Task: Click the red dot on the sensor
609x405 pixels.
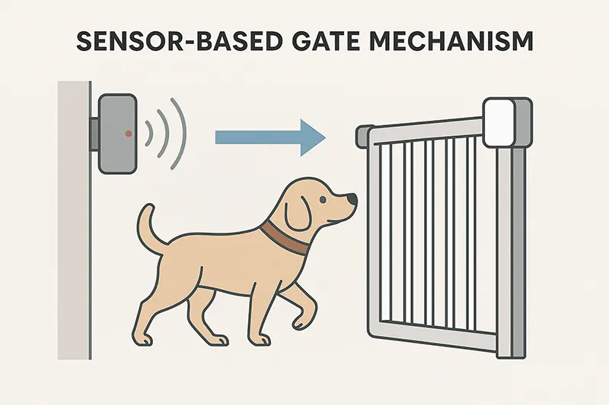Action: coord(129,134)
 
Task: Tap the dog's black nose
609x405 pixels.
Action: coord(352,199)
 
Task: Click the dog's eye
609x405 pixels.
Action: coord(323,200)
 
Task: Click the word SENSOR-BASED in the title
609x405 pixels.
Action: coord(179,41)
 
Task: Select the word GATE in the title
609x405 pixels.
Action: coord(330,41)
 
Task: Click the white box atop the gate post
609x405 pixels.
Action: coord(499,122)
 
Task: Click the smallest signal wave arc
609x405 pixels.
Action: coord(148,134)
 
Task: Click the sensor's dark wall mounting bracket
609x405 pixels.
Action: coord(94,134)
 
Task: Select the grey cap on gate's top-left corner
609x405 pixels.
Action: coord(363,136)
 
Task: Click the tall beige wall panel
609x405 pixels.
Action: coord(74,220)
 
